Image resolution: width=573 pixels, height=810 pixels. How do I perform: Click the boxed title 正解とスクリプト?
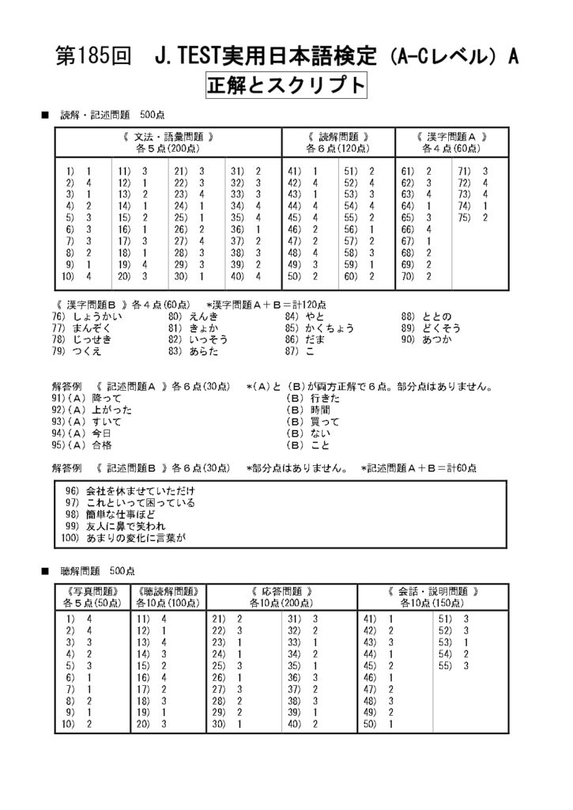(286, 85)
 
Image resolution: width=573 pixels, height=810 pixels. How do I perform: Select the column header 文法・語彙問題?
(168, 136)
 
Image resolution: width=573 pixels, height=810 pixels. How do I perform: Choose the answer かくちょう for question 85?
(330, 327)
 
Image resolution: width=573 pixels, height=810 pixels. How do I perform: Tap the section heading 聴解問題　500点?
(97, 570)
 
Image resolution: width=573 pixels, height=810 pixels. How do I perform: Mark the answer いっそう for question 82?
(209, 339)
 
